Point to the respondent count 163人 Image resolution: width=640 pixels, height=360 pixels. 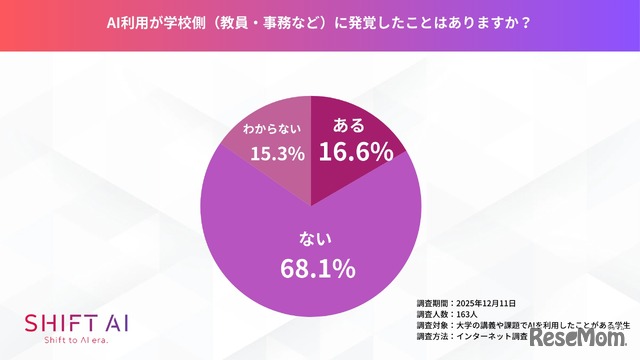click(468, 314)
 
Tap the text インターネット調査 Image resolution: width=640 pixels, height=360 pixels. click(491, 338)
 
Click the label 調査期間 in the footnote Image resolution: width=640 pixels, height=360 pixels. click(432, 302)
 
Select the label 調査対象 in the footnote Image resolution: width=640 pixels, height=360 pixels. click(432, 326)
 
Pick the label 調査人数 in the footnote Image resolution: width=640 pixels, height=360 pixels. click(432, 314)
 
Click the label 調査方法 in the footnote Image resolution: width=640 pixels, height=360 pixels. click(432, 338)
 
